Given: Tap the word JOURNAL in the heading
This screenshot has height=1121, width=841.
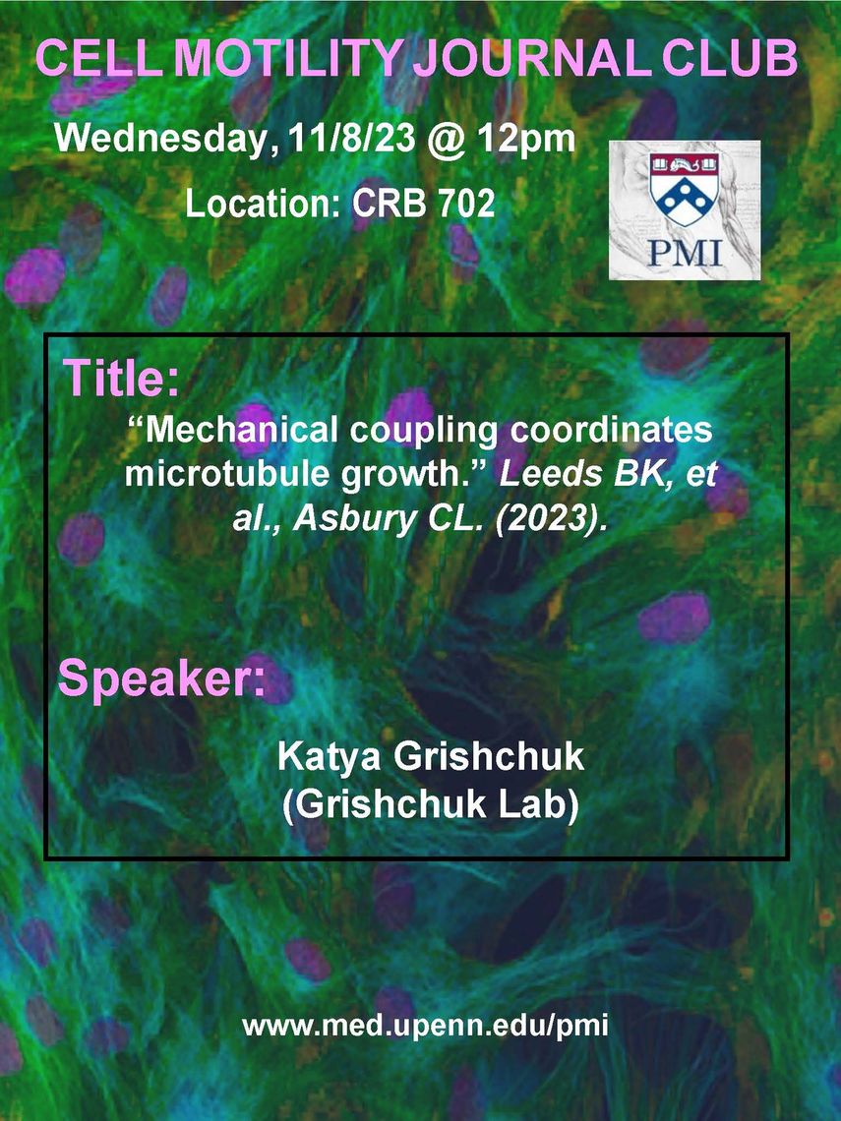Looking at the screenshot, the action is pos(533,58).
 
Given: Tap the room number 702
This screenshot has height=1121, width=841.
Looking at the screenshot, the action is pos(465,204).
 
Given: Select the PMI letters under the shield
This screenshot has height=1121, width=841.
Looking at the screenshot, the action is pos(685,253).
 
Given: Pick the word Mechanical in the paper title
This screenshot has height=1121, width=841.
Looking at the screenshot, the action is pos(232,430).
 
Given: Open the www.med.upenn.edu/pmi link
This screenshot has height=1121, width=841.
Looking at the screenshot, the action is pos(426,1026).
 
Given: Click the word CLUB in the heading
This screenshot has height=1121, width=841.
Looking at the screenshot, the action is pos(730,58).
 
